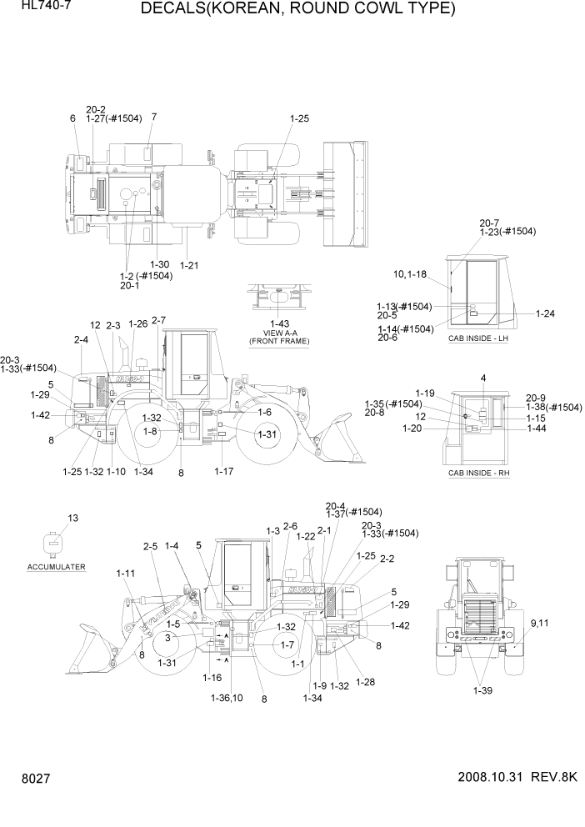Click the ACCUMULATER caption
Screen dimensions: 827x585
click(56, 566)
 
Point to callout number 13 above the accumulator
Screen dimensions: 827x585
click(72, 519)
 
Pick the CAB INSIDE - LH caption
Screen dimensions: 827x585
click(478, 338)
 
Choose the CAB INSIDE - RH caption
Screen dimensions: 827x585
click(478, 473)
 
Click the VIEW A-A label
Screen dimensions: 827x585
click(279, 332)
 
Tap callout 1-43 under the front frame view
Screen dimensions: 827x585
click(279, 323)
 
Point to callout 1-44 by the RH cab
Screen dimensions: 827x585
click(536, 429)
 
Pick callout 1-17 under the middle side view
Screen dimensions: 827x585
click(223, 472)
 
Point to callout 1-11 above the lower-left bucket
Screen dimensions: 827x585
click(126, 574)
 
